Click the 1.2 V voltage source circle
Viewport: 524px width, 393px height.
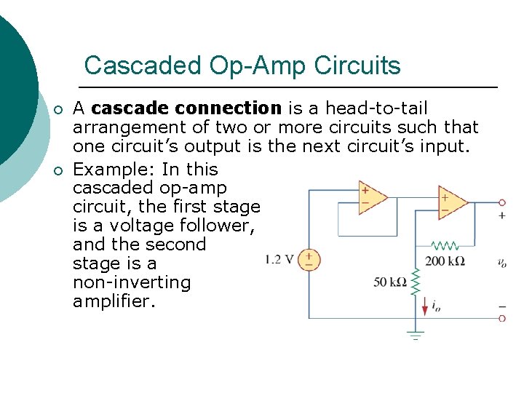coord(309,259)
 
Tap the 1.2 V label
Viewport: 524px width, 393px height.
coord(279,259)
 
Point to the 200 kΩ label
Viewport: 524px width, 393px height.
coord(445,261)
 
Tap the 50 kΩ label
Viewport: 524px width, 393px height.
coord(390,282)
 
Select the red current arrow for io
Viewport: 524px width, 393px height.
coord(425,306)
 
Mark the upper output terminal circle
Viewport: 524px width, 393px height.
coord(502,202)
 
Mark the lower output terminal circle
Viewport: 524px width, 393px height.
coord(502,319)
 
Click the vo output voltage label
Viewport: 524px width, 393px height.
coord(501,262)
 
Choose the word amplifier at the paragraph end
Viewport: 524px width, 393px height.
coord(113,301)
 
